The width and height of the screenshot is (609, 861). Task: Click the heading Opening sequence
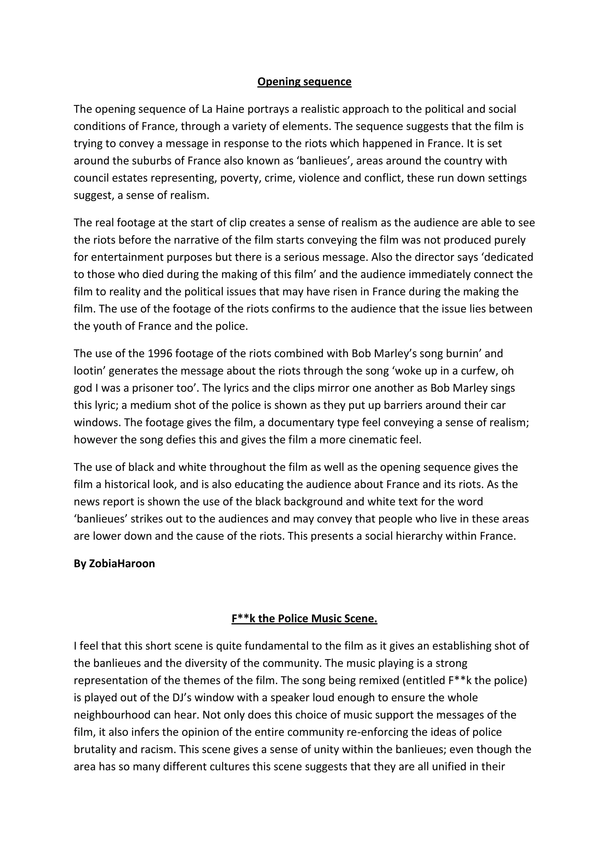click(x=304, y=82)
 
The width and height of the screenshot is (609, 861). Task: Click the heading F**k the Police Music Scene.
click(x=304, y=618)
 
